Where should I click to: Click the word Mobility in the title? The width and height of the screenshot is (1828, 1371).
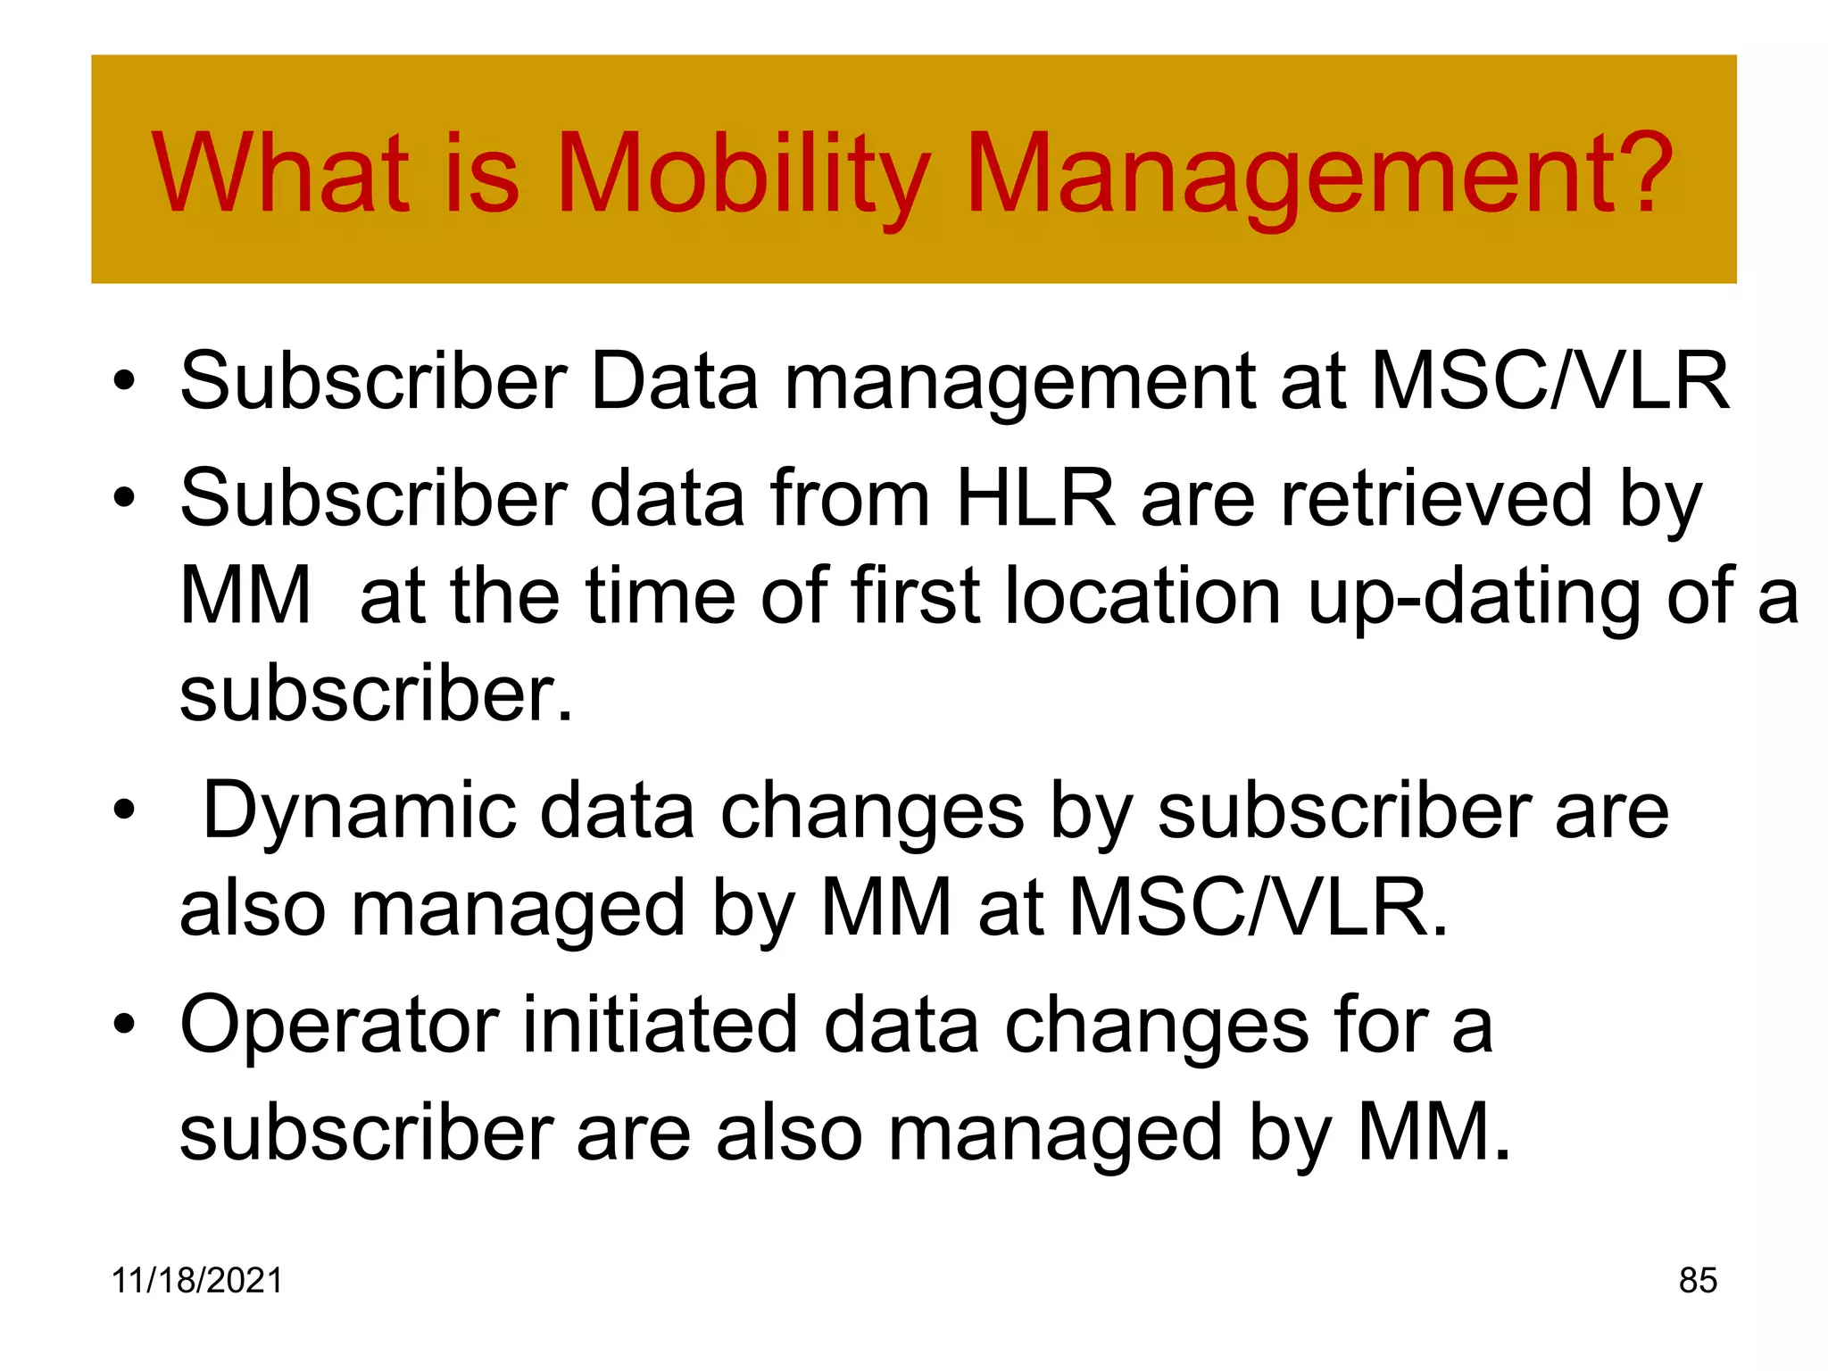pyautogui.click(x=743, y=174)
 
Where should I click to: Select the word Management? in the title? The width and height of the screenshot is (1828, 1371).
pyautogui.click(x=1319, y=176)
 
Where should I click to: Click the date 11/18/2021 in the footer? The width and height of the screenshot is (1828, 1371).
pyautogui.click(x=196, y=1280)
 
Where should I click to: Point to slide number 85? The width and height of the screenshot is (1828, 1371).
pyautogui.click(x=1698, y=1280)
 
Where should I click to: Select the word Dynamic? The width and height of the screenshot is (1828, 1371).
pyautogui.click(x=359, y=811)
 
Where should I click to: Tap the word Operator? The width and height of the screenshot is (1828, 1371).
pyautogui.click(x=339, y=1027)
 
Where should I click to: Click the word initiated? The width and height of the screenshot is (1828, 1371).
pyautogui.click(x=660, y=1026)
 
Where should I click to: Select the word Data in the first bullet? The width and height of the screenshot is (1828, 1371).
pyautogui.click(x=674, y=381)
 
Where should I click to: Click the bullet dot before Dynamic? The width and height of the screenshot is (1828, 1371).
pyautogui.click(x=124, y=811)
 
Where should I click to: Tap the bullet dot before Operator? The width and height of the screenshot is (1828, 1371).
pyautogui.click(x=124, y=1026)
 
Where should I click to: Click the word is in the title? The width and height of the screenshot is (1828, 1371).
pyautogui.click(x=481, y=174)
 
